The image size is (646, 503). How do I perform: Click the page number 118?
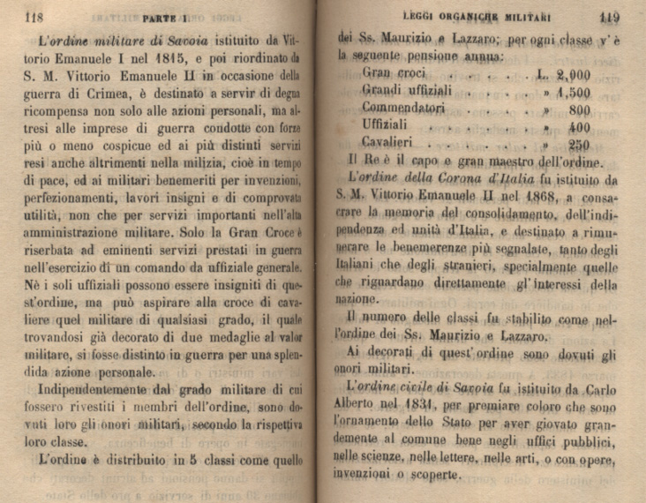tap(34, 16)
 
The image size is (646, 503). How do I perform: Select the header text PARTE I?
tap(165, 17)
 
